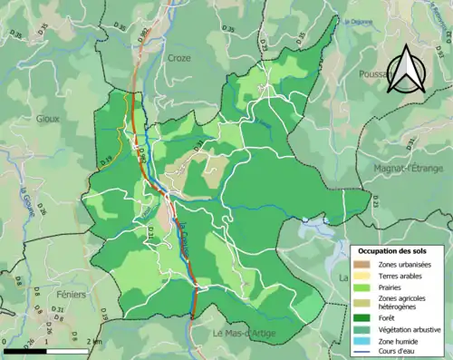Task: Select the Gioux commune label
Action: point(47,118)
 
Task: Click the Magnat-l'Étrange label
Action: point(410,168)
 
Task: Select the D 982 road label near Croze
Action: point(142,36)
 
